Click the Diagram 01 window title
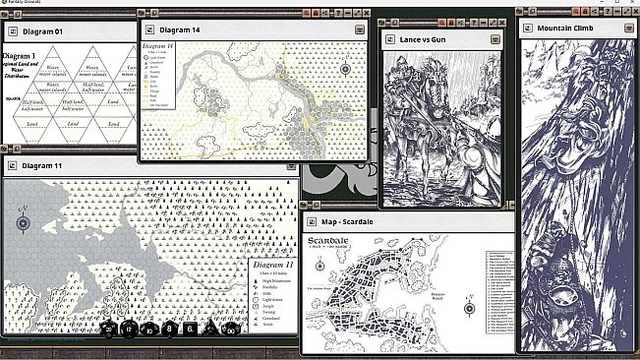coord(42,31)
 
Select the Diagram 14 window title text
coord(178,30)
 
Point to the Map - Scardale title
coord(358,223)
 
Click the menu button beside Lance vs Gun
coord(498,38)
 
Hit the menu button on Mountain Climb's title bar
coord(628,27)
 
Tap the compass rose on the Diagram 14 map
coord(346,69)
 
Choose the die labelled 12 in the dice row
coord(129,330)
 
